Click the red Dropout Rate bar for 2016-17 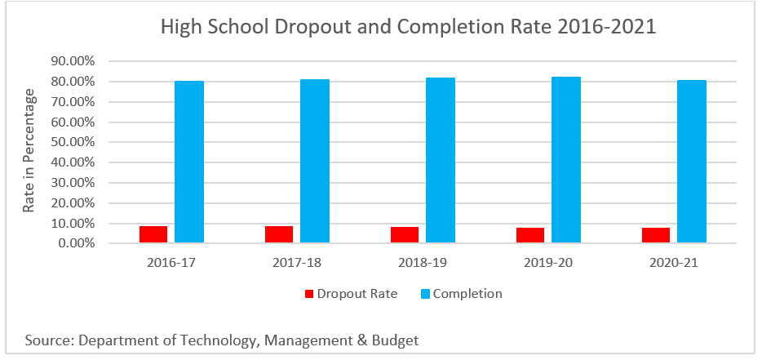pos(153,234)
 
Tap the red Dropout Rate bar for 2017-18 pos(279,234)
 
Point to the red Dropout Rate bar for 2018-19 pos(405,235)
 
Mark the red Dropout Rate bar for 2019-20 pos(530,235)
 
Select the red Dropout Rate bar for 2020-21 pos(656,235)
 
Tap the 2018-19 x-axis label pos(422,263)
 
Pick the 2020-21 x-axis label pos(674,263)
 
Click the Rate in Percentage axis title pos(30,152)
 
